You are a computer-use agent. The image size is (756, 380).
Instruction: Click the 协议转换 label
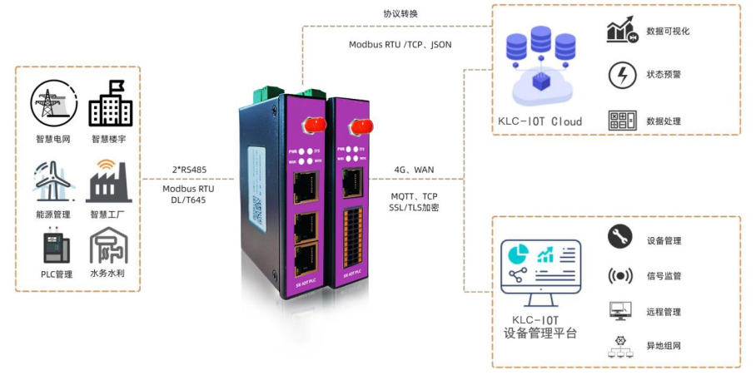401,13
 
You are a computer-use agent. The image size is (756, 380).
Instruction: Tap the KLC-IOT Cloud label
540,121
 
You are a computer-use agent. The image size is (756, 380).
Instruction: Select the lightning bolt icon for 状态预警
622,75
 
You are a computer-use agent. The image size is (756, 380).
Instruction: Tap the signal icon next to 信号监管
622,275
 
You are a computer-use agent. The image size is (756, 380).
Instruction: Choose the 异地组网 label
664,345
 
